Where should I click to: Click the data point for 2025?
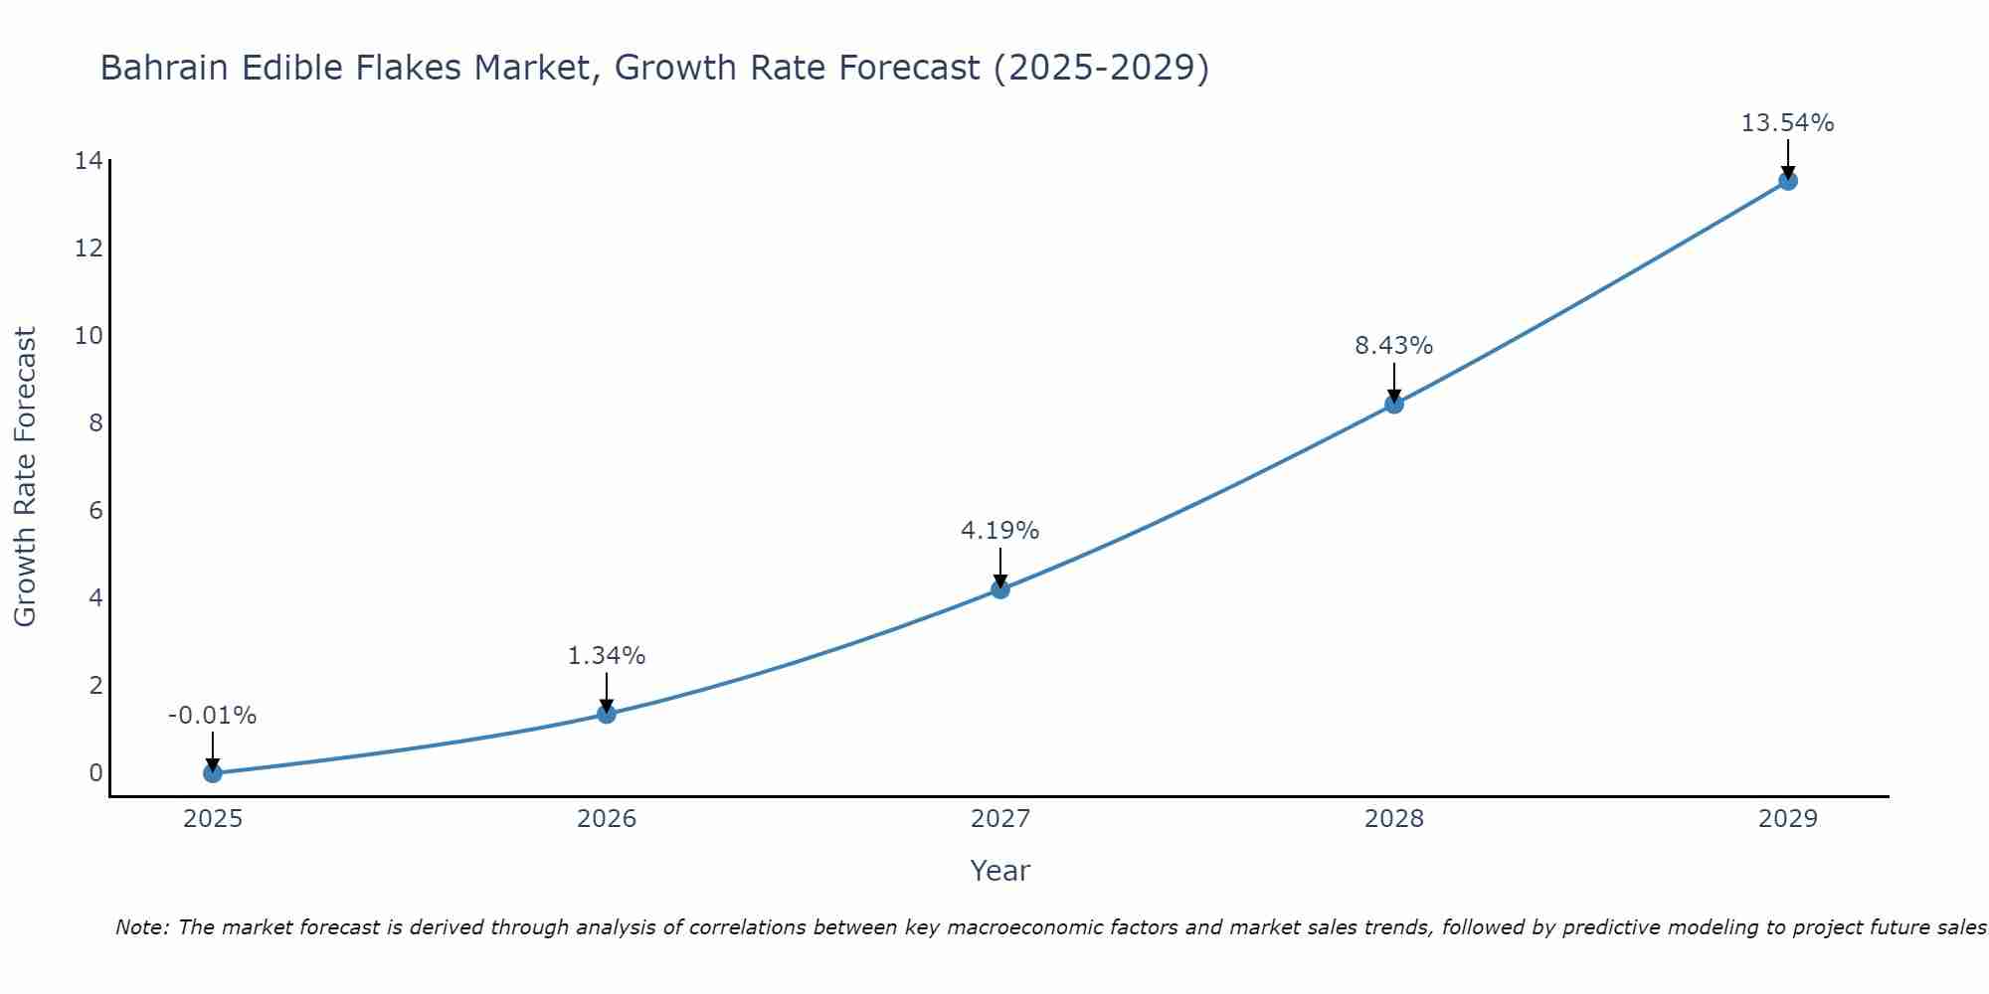click(x=212, y=772)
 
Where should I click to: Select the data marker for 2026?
click(x=606, y=714)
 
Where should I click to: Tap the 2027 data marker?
click(x=999, y=589)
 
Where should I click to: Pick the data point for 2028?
click(x=1393, y=404)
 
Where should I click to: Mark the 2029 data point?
click(x=1787, y=181)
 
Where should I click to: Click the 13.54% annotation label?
click(x=1787, y=123)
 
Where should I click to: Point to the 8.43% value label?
click(x=1393, y=346)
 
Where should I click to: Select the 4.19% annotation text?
click(x=999, y=531)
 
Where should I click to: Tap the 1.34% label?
click(x=606, y=656)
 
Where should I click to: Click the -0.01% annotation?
click(x=212, y=716)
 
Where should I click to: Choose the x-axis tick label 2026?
click(x=606, y=819)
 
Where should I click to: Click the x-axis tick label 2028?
click(x=1393, y=819)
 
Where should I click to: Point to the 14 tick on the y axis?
click(x=89, y=160)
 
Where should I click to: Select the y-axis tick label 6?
click(x=95, y=510)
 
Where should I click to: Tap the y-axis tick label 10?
click(x=89, y=335)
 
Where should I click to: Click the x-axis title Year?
click(x=999, y=871)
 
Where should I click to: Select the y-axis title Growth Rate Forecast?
click(x=25, y=477)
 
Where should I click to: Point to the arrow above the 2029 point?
click(x=1787, y=159)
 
